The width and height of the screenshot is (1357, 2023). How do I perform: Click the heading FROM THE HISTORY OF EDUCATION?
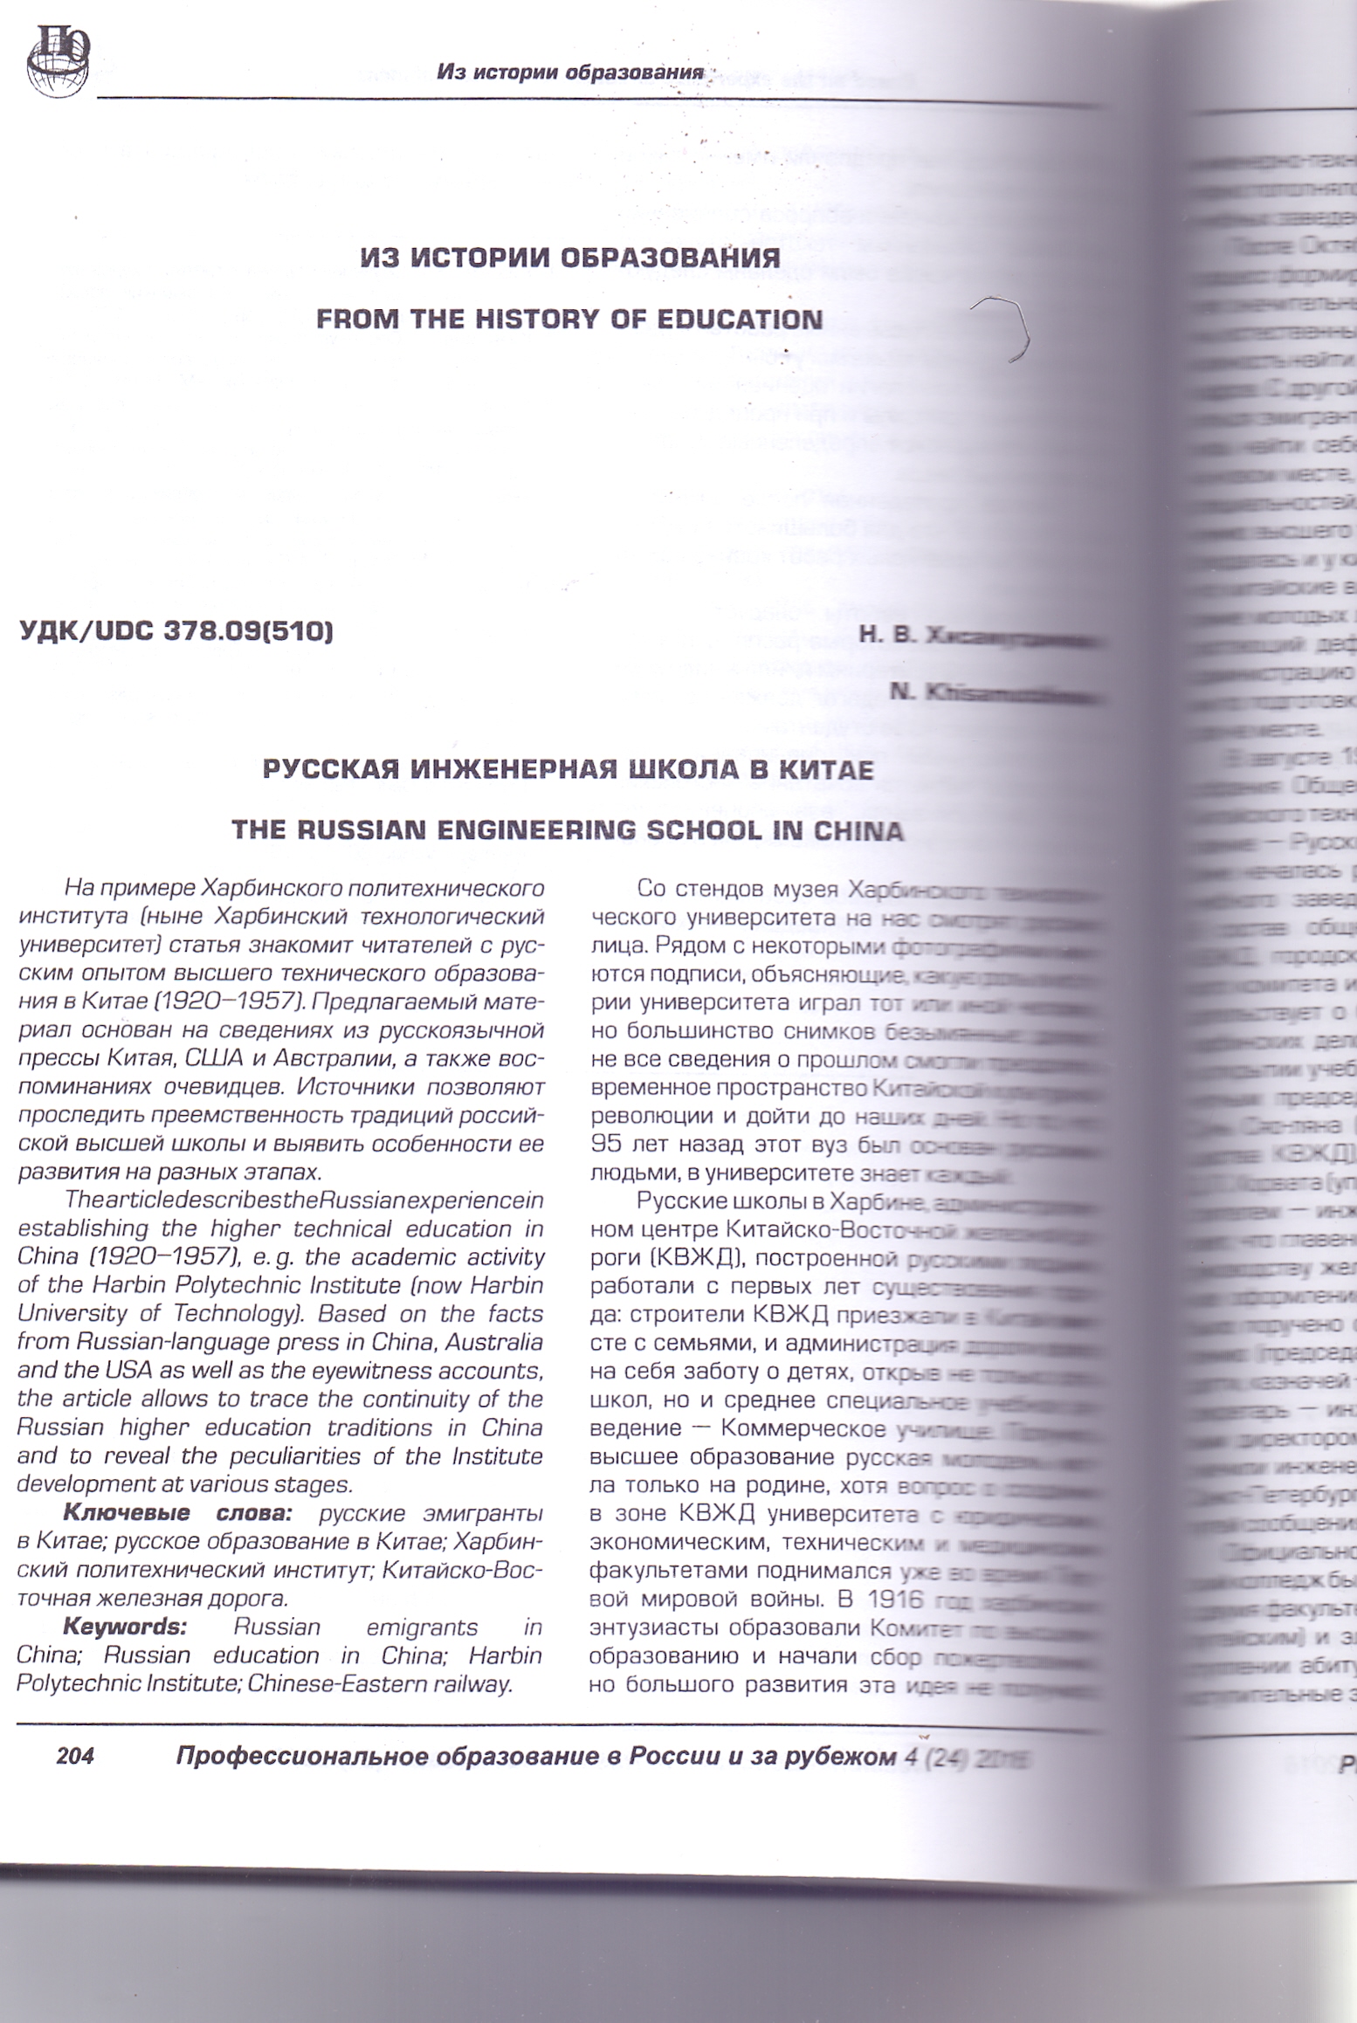(x=569, y=319)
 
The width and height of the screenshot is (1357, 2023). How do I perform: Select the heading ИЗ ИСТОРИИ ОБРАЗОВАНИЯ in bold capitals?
(x=569, y=258)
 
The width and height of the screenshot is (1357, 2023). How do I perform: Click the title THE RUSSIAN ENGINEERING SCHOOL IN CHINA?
(x=568, y=829)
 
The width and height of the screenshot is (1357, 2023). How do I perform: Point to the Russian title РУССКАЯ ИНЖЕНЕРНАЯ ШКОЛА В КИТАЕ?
(x=568, y=770)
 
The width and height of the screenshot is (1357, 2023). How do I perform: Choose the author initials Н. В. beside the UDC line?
(x=887, y=636)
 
